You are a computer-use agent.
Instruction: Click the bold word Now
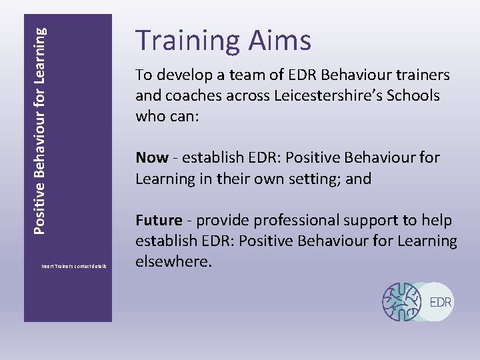click(152, 158)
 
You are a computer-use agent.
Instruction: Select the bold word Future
click(159, 220)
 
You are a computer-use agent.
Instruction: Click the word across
click(249, 95)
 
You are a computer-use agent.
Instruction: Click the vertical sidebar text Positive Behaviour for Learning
click(41, 130)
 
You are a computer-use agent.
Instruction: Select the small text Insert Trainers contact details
click(74, 267)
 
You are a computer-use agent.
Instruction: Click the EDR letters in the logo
click(441, 302)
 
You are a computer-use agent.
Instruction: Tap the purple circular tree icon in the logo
click(403, 301)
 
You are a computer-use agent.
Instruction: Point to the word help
click(439, 220)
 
